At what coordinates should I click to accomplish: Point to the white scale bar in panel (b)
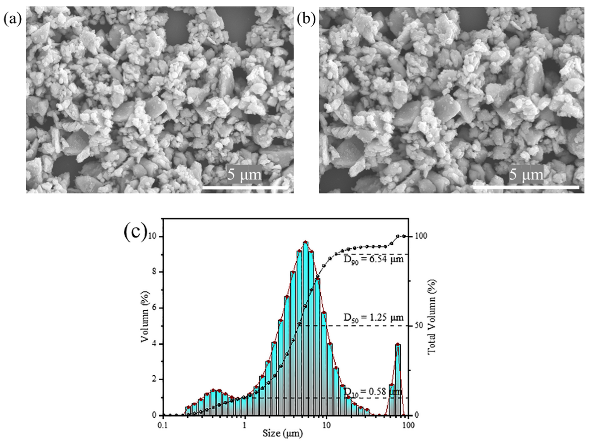click(x=526, y=188)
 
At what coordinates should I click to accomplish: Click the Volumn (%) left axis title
click(x=145, y=317)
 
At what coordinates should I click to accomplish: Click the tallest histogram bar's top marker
click(x=306, y=242)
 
